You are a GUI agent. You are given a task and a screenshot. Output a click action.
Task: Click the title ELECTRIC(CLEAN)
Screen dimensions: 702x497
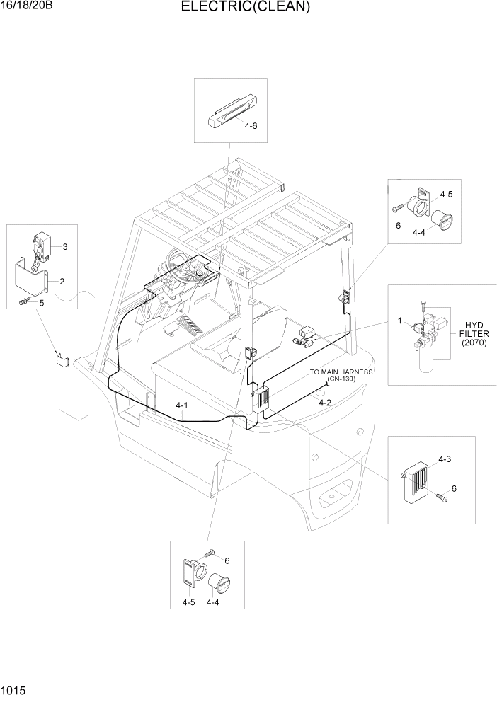245,8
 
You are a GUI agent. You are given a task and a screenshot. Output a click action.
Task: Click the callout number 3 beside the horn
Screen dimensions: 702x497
64,247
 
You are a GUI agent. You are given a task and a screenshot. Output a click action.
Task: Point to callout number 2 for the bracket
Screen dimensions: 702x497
62,282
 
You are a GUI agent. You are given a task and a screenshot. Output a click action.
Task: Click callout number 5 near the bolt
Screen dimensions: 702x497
41,303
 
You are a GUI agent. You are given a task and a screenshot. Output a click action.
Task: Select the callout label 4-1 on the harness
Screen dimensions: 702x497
182,405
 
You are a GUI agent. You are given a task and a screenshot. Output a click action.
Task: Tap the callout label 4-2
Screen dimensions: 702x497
325,403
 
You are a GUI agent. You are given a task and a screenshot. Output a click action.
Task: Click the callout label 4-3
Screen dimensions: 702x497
445,459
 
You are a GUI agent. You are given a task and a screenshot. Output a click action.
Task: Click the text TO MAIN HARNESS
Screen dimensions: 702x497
341,372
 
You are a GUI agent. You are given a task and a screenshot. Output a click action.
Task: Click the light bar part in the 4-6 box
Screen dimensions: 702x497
231,114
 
